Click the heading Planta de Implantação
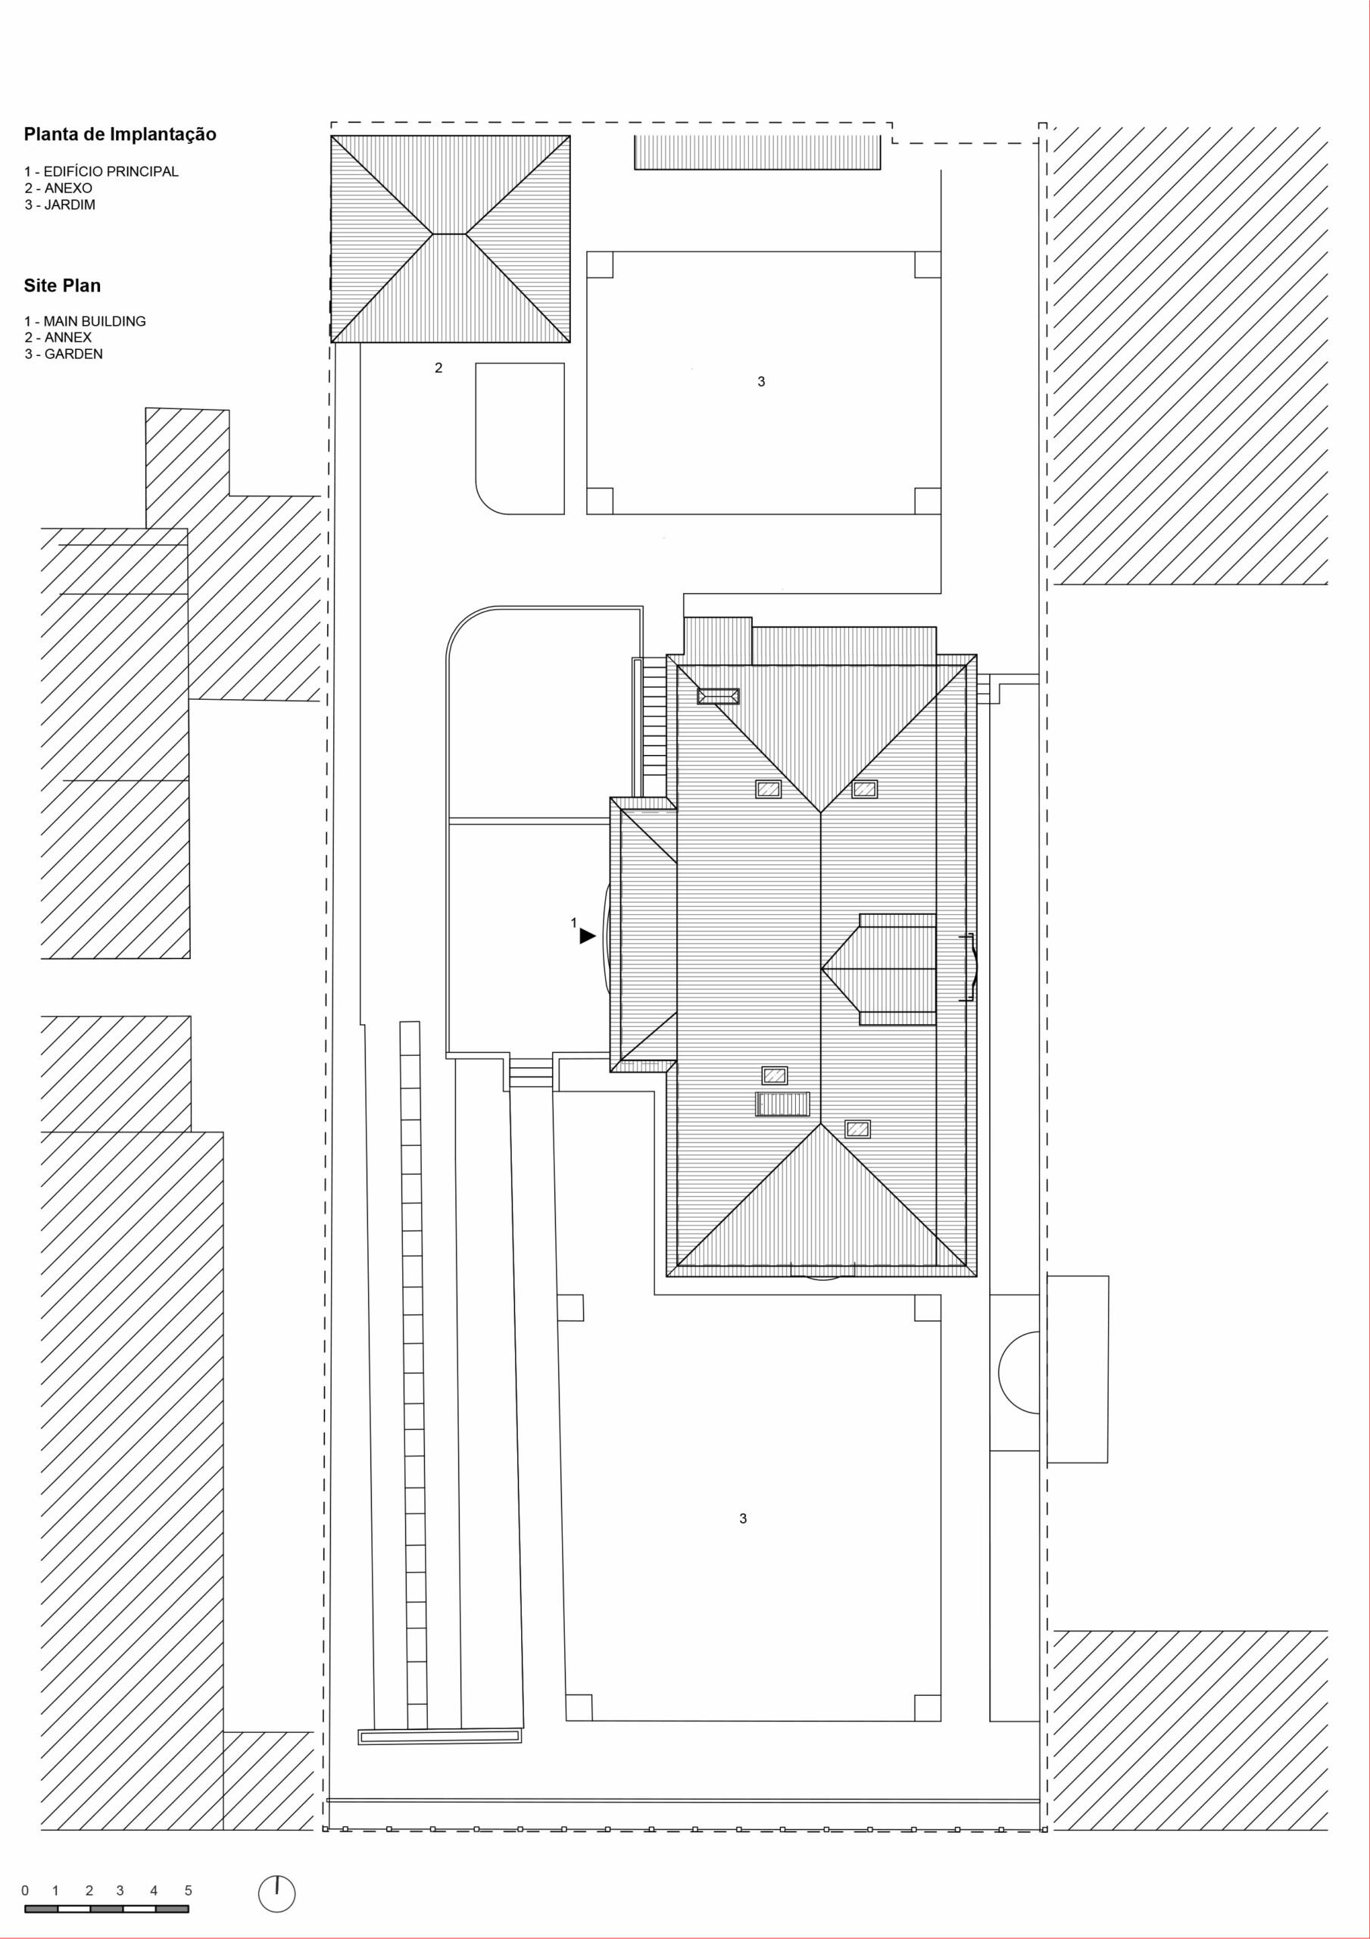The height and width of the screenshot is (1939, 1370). pyautogui.click(x=120, y=135)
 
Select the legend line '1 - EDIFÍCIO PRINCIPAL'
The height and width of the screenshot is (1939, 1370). pyautogui.click(x=101, y=171)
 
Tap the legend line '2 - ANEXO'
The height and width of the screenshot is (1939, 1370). pyautogui.click(x=58, y=189)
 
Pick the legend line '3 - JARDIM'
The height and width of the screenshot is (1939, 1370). pyautogui.click(x=60, y=205)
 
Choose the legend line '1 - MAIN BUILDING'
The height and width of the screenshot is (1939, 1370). pyautogui.click(x=86, y=321)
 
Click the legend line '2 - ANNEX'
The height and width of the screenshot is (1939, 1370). pyautogui.click(x=58, y=338)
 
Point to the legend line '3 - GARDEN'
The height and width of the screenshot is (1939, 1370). pyautogui.click(x=64, y=354)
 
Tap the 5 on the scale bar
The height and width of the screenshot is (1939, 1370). pyautogui.click(x=189, y=1891)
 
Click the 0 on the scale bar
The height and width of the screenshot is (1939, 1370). pyautogui.click(x=25, y=1891)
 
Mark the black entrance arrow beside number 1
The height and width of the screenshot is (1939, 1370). pyautogui.click(x=587, y=935)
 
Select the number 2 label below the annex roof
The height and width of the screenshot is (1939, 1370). pyautogui.click(x=438, y=368)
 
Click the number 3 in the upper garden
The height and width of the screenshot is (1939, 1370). pyautogui.click(x=761, y=382)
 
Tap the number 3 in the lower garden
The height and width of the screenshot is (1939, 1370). pyautogui.click(x=743, y=1519)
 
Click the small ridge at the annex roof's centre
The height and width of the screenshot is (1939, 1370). pyautogui.click(x=450, y=233)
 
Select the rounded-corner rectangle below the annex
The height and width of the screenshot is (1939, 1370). pyautogui.click(x=520, y=439)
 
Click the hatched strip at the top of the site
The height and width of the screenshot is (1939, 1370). pyautogui.click(x=757, y=153)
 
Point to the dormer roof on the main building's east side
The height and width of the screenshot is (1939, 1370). pyautogui.click(x=879, y=969)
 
